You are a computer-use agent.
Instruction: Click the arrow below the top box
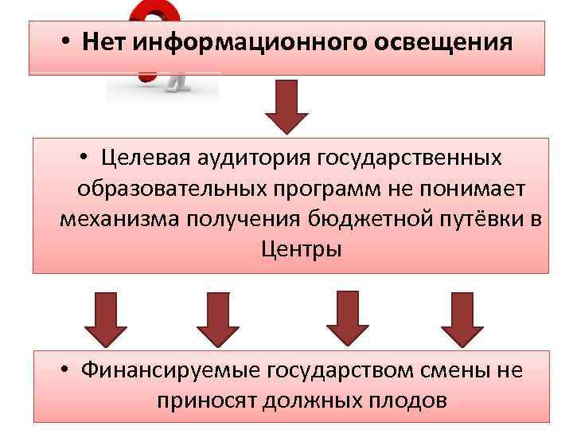click(x=286, y=107)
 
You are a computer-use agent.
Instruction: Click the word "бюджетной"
click(x=368, y=218)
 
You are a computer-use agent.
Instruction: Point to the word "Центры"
click(x=301, y=248)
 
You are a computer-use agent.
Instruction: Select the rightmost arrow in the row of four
click(x=463, y=319)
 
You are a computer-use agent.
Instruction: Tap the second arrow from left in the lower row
click(x=217, y=319)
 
